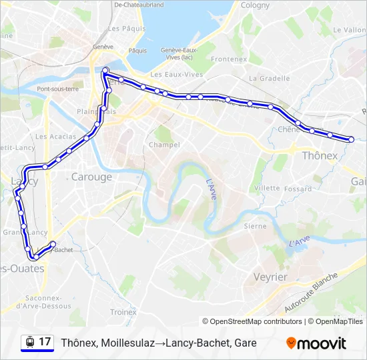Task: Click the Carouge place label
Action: click(91, 177)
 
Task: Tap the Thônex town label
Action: click(320, 155)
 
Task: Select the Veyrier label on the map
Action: click(270, 277)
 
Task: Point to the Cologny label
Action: click(255, 5)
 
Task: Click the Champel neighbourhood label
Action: click(164, 145)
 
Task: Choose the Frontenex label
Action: click(230, 59)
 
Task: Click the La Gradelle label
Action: click(269, 78)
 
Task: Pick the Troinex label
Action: click(123, 311)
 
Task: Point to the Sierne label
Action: click(255, 226)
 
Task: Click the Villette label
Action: click(267, 188)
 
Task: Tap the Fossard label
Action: click(298, 189)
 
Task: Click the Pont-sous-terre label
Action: click(58, 89)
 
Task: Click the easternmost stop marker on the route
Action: click(351, 139)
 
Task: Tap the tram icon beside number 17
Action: click(29, 342)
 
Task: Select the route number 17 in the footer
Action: click(45, 342)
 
